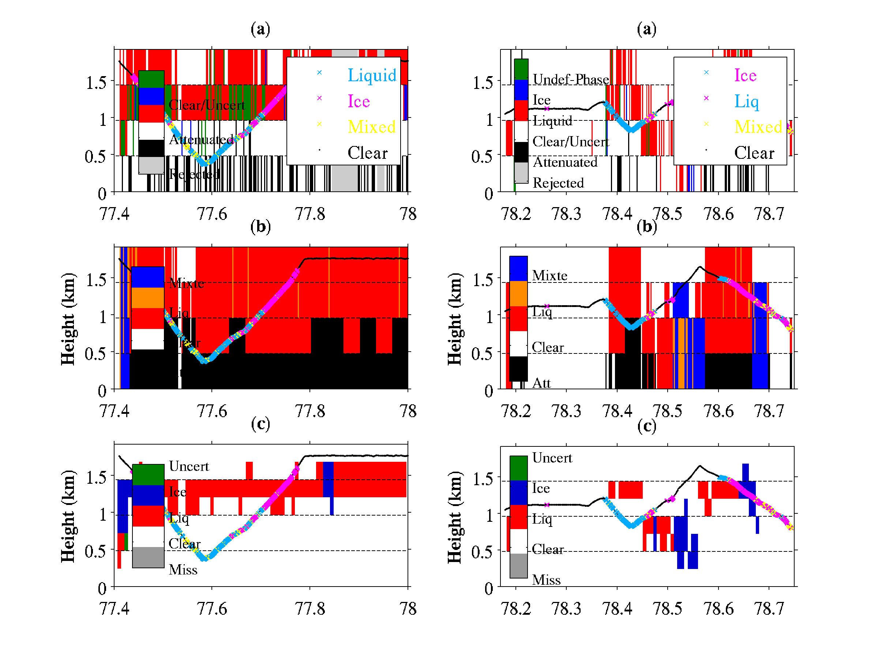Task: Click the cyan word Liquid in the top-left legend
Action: pyautogui.click(x=372, y=75)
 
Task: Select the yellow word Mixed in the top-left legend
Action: pyautogui.click(x=372, y=127)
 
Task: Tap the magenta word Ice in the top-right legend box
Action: pyautogui.click(x=745, y=75)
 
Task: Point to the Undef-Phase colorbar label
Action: pyautogui.click(x=570, y=79)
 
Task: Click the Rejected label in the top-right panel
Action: pyautogui.click(x=558, y=183)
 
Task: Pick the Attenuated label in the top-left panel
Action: pyautogui.click(x=201, y=139)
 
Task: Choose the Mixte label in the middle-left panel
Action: pyautogui.click(x=186, y=283)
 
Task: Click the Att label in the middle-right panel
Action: pyautogui.click(x=541, y=383)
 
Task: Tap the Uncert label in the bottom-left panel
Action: pyautogui.click(x=188, y=466)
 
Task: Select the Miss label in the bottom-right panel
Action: pyautogui.click(x=546, y=580)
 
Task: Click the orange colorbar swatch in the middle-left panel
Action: pyautogui.click(x=148, y=297)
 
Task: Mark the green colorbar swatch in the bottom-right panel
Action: pyautogui.click(x=518, y=468)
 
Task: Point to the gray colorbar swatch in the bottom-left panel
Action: pyautogui.click(x=148, y=557)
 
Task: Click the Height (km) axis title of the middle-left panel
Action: pyautogui.click(x=67, y=319)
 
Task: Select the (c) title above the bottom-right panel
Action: pyautogui.click(x=646, y=426)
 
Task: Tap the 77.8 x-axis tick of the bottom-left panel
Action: pyautogui.click(x=309, y=609)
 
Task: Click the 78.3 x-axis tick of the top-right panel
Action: pyautogui.click(x=566, y=214)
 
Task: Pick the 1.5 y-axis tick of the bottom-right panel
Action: pyautogui.click(x=483, y=479)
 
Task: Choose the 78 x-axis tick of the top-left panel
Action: pyautogui.click(x=408, y=214)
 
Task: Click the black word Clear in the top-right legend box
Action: pyautogui.click(x=754, y=153)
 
